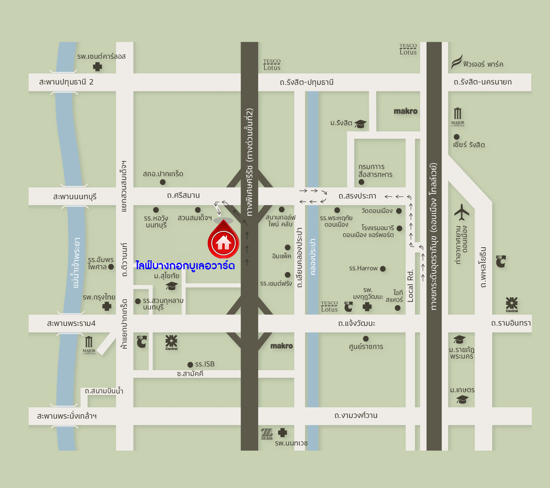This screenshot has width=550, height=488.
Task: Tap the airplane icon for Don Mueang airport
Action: click(461, 212)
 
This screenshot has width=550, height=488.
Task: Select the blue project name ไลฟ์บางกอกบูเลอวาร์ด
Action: click(185, 265)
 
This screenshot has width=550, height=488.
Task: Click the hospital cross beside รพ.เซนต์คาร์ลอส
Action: click(98, 67)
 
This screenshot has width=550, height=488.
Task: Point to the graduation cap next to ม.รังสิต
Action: click(360, 124)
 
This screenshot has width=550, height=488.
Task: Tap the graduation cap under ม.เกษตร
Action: click(462, 399)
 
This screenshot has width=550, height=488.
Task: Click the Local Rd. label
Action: click(410, 286)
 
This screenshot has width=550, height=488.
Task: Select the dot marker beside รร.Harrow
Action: click(383, 269)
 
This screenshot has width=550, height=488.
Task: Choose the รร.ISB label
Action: click(205, 364)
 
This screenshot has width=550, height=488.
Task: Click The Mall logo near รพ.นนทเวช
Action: click(267, 433)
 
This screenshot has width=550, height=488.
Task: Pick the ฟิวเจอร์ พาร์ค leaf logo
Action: click(456, 62)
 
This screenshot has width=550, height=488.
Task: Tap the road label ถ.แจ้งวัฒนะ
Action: click(356, 323)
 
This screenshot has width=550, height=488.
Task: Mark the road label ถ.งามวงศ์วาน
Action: click(356, 416)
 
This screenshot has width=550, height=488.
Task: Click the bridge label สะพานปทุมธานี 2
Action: click(66, 82)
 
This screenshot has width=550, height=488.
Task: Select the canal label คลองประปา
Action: click(313, 257)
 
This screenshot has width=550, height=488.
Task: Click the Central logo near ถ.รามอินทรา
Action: click(511, 304)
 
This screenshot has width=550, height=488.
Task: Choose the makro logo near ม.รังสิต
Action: click(406, 111)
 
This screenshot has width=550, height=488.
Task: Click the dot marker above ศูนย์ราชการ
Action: click(366, 339)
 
